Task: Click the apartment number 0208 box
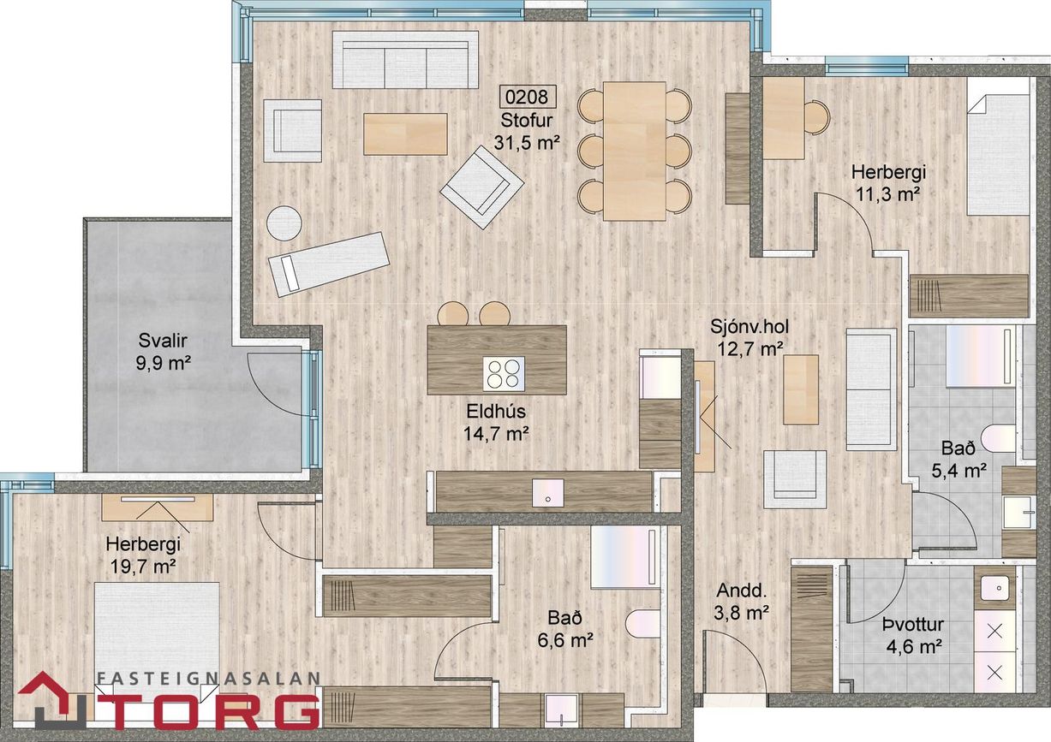[x=528, y=96]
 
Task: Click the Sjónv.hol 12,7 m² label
[x=749, y=337]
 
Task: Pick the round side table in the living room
[x=284, y=223]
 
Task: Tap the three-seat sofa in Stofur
[x=405, y=60]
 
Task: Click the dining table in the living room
[x=634, y=151]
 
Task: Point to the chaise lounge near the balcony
[x=329, y=263]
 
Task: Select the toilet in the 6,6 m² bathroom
[x=642, y=623]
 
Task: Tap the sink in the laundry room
[x=994, y=588]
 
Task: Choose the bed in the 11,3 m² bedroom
[x=998, y=155]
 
